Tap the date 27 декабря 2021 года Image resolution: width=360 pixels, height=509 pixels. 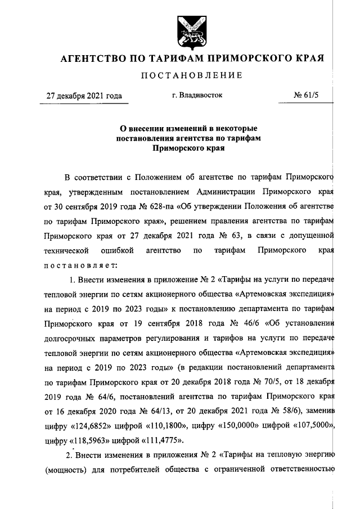(x=84, y=96)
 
